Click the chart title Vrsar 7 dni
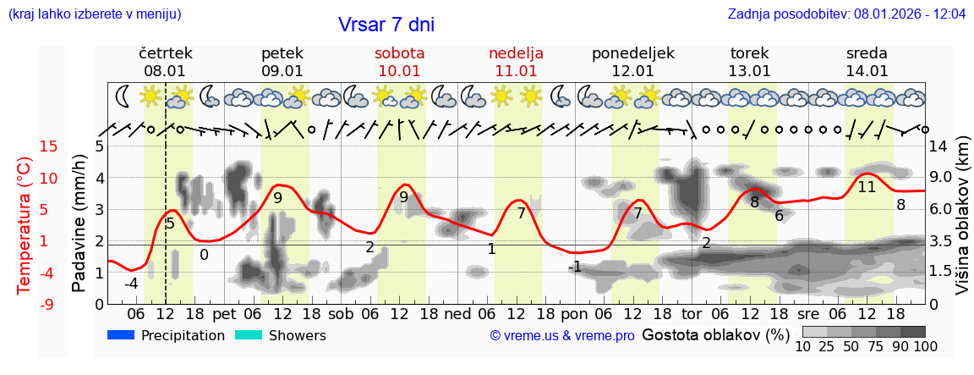coord(386,24)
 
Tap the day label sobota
coord(400,53)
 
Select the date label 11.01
coord(516,71)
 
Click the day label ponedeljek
coord(633,53)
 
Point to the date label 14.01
coord(867,71)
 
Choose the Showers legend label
coord(297,335)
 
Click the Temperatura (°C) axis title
coord(25,224)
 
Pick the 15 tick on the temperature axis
coord(25,146)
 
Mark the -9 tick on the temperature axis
coord(25,304)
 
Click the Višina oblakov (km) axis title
coord(963,224)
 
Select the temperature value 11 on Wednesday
coord(867,187)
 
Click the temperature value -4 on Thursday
coord(131,284)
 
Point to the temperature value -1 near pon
coord(574,267)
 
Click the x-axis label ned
coord(457,314)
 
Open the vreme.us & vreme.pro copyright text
coord(562,336)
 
